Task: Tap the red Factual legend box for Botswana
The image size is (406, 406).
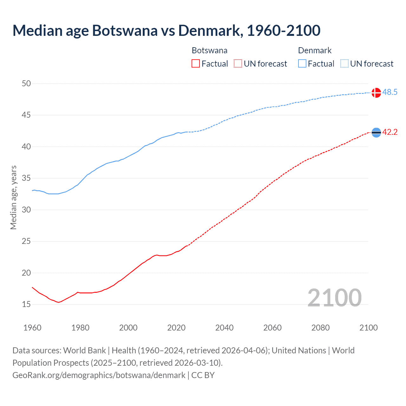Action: point(196,64)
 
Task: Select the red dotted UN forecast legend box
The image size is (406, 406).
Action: point(238,64)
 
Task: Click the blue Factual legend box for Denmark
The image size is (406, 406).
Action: point(302,64)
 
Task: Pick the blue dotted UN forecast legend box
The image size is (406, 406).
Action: point(344,64)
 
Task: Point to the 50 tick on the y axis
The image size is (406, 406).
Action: point(26,83)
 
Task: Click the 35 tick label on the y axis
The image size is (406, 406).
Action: point(26,178)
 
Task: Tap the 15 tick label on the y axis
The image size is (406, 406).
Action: point(26,304)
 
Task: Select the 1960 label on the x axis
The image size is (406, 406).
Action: point(32,328)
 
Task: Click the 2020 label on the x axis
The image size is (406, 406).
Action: point(176,328)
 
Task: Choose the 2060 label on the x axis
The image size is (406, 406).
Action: point(272,328)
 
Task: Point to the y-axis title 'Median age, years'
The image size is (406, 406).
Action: point(13,197)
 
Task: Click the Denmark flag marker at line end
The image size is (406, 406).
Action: point(376,93)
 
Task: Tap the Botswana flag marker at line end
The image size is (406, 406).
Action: point(376,133)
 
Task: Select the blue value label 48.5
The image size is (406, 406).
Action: point(390,92)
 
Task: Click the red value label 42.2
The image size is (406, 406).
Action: point(390,132)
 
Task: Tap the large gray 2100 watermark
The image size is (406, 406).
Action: point(334,298)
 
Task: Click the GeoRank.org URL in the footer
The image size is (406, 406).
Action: point(99,375)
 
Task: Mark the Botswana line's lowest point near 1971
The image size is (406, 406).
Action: point(58,302)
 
